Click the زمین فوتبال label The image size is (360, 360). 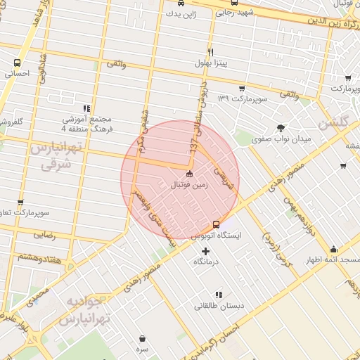pos(179,185)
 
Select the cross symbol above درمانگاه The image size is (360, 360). pos(205,251)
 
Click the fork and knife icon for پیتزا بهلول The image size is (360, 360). pos(210,53)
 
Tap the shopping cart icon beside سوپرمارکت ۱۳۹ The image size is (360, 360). pos(242,89)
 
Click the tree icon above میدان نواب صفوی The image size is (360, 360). pos(281,127)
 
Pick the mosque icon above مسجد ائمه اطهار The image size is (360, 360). pos(333,249)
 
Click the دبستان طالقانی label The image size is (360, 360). pos(219,306)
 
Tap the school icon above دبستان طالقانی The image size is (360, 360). pos(219,294)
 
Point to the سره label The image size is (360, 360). pos(142,349)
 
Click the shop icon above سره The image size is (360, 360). pos(142,338)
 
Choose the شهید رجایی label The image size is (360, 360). pos(235,13)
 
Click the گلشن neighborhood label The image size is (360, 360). pos(333,122)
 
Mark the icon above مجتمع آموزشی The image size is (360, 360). pos(86,108)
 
